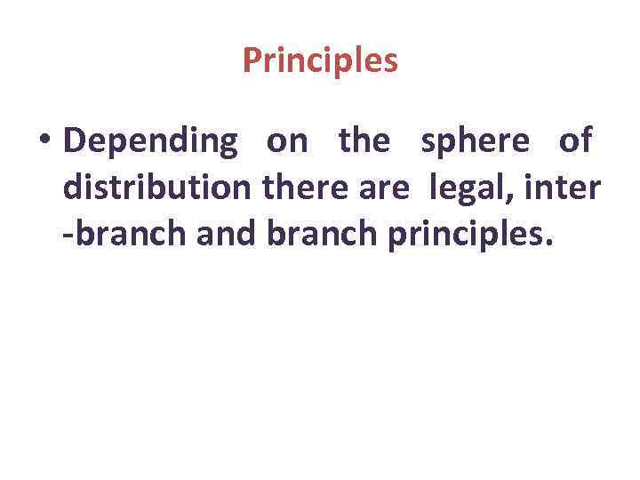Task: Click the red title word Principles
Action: [x=320, y=61]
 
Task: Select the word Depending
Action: [x=151, y=140]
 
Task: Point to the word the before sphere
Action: [x=364, y=140]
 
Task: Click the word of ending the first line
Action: [x=575, y=140]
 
